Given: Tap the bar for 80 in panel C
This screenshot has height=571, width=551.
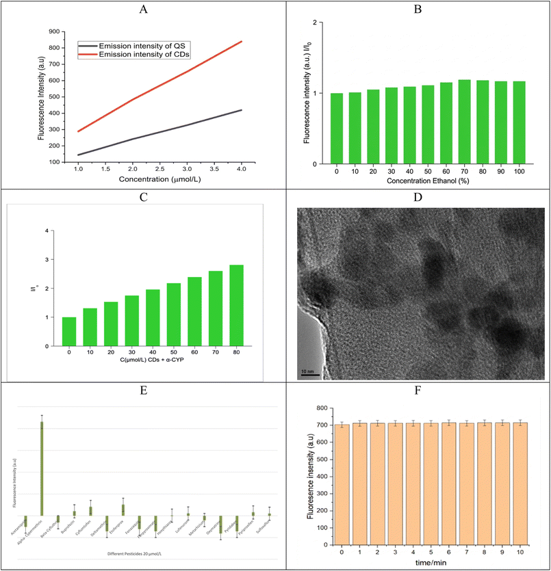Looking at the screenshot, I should [237, 305].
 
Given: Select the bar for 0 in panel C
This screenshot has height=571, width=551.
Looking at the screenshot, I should [69, 332].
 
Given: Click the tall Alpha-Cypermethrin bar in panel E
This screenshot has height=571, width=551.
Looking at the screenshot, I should [42, 468].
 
